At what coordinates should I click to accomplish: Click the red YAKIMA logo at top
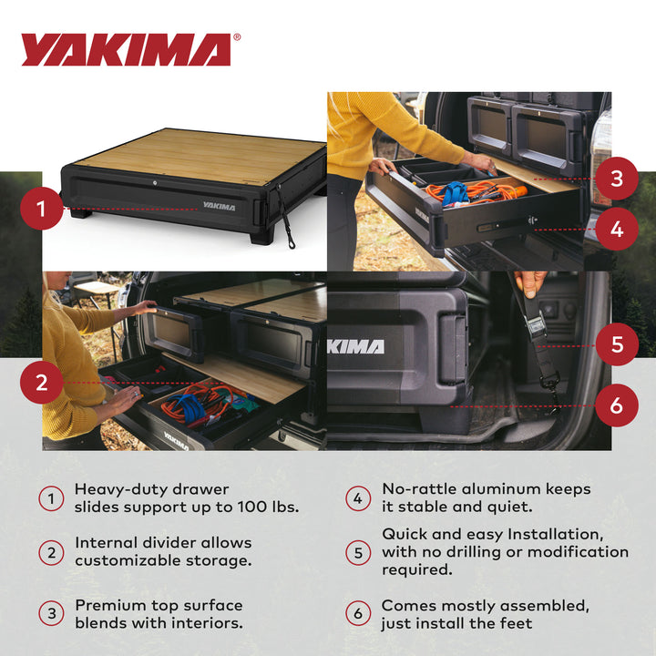(x=126, y=50)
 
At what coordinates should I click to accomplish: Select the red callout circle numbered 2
(x=41, y=383)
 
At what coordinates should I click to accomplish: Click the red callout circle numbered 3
(x=617, y=179)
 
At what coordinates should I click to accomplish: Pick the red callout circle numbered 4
(x=617, y=230)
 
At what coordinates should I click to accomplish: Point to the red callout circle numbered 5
(x=617, y=344)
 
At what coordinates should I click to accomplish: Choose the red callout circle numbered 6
(x=617, y=405)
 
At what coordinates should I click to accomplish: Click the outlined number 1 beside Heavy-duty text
(x=51, y=498)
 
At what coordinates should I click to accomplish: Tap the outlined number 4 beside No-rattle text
(x=358, y=498)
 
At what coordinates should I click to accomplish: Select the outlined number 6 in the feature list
(x=358, y=614)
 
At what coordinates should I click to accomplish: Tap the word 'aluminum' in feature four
(x=495, y=489)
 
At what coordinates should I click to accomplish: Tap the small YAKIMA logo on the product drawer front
(x=219, y=207)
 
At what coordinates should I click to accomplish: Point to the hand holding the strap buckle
(x=530, y=283)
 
